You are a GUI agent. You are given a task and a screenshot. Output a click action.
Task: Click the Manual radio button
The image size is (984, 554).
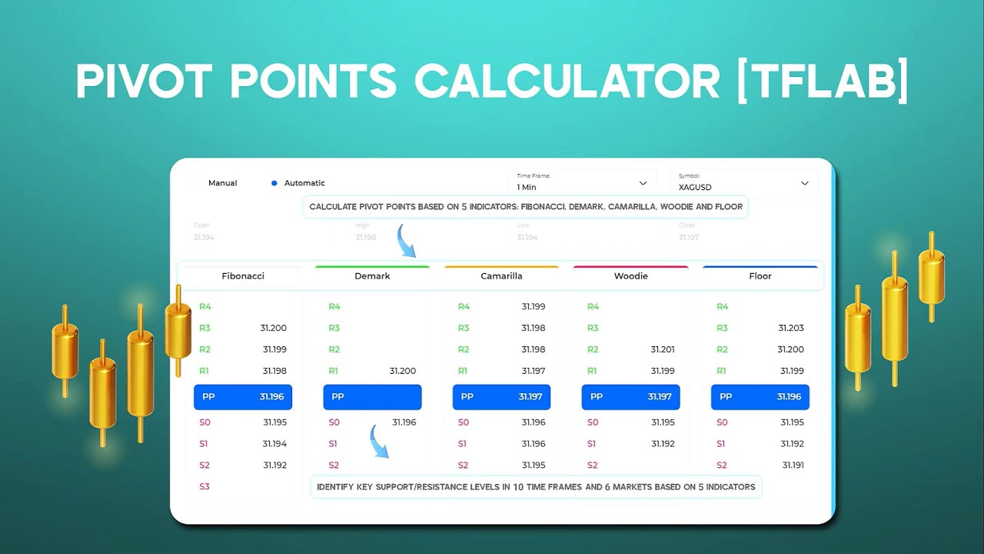pos(198,183)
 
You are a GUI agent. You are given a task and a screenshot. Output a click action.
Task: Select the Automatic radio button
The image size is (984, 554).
pos(274,183)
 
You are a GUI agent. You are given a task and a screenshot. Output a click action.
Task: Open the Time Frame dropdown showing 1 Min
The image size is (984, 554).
pos(582,183)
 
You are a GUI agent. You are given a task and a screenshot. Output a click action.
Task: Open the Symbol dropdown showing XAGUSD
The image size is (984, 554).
pos(743,183)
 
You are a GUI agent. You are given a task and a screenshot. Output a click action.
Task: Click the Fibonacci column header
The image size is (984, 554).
pos(243,275)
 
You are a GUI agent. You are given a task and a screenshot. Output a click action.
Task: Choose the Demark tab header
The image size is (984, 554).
pos(372,275)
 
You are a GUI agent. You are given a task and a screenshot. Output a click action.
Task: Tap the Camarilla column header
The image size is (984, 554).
pos(501,275)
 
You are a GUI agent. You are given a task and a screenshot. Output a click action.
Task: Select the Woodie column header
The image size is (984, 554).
pos(630,275)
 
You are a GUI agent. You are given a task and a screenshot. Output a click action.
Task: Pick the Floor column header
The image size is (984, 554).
pos(760,275)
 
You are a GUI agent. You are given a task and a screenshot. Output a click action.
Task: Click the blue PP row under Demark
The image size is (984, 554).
pos(372,397)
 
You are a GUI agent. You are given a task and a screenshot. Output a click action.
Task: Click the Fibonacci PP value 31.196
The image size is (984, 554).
pos(272,397)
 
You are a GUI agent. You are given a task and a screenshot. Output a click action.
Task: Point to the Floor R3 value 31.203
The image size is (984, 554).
pos(790,328)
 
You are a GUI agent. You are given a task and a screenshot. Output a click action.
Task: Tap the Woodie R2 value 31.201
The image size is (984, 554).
pos(663,349)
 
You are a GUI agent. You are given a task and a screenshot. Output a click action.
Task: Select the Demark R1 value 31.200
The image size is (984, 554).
pos(403,371)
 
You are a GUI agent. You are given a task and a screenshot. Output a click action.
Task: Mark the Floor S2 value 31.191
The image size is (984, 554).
pos(793,465)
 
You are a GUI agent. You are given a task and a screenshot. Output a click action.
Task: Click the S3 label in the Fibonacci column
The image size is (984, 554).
pos(204,486)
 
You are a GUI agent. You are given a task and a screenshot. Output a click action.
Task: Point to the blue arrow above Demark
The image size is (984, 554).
pos(406,241)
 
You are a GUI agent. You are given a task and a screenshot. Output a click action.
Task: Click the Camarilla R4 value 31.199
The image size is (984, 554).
pos(534,306)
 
